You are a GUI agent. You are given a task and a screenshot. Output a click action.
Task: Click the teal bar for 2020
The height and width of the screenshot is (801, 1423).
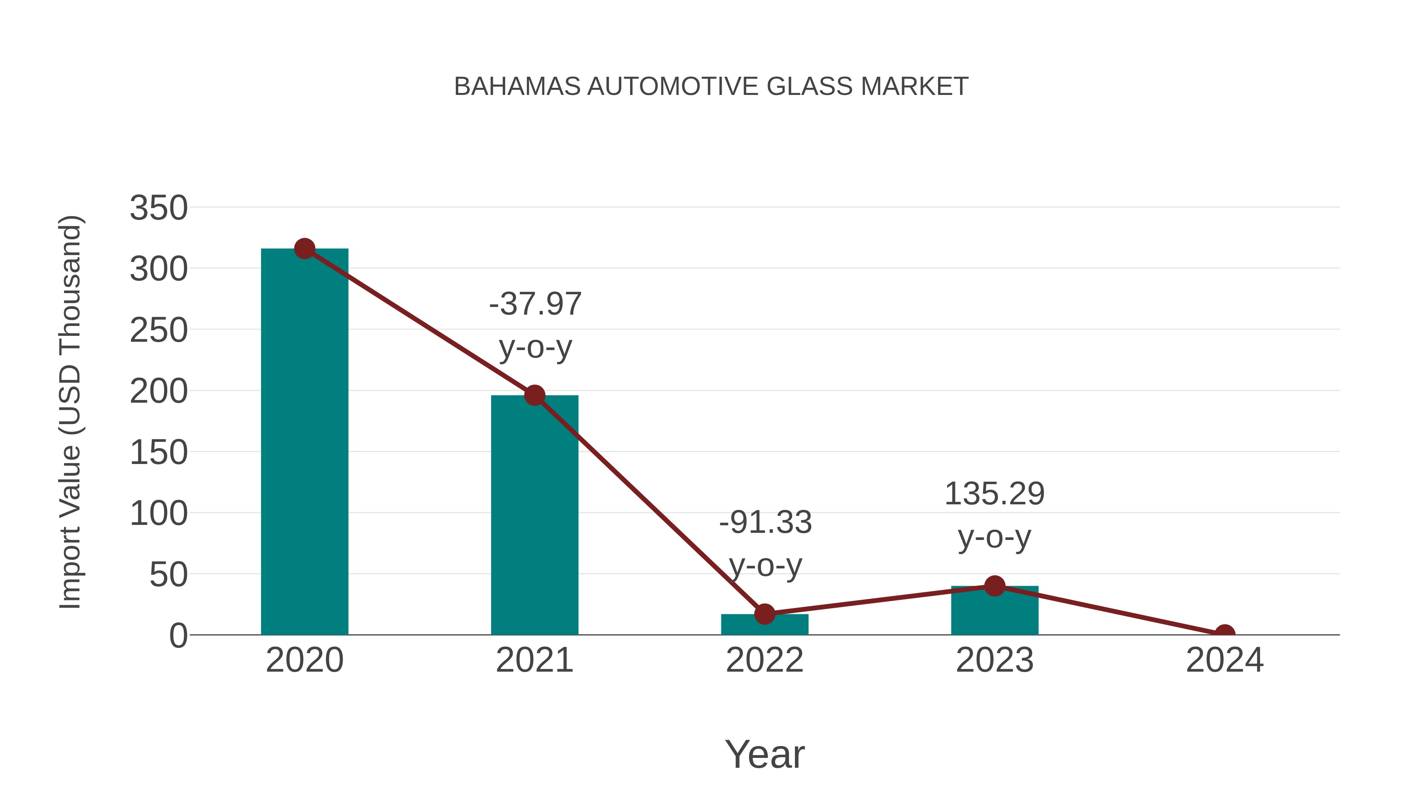tap(304, 442)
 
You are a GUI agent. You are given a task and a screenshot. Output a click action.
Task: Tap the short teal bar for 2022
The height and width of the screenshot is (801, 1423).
tap(764, 625)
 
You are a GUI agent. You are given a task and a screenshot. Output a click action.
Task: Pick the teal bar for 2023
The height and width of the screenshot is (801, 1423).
tap(995, 611)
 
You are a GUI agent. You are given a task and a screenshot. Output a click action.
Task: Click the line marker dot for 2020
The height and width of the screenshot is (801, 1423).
tap(304, 249)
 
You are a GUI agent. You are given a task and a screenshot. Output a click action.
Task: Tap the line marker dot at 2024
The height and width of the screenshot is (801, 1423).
tap(1225, 634)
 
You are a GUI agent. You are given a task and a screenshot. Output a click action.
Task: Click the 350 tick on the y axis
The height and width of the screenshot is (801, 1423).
tap(159, 208)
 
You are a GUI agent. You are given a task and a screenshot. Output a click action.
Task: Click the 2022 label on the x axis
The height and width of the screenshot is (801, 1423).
tap(764, 660)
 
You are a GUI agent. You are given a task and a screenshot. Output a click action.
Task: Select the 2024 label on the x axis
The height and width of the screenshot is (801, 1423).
tap(1225, 660)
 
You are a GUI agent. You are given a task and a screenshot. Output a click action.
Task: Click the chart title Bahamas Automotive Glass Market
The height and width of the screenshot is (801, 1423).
tap(711, 86)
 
